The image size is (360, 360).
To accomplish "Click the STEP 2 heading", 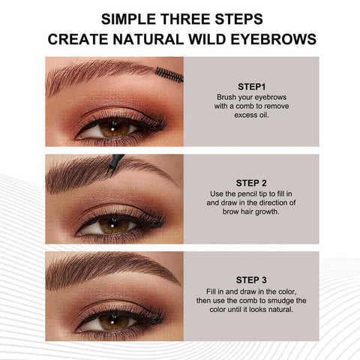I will [251, 181].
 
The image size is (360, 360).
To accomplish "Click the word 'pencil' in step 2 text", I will [243, 193].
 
